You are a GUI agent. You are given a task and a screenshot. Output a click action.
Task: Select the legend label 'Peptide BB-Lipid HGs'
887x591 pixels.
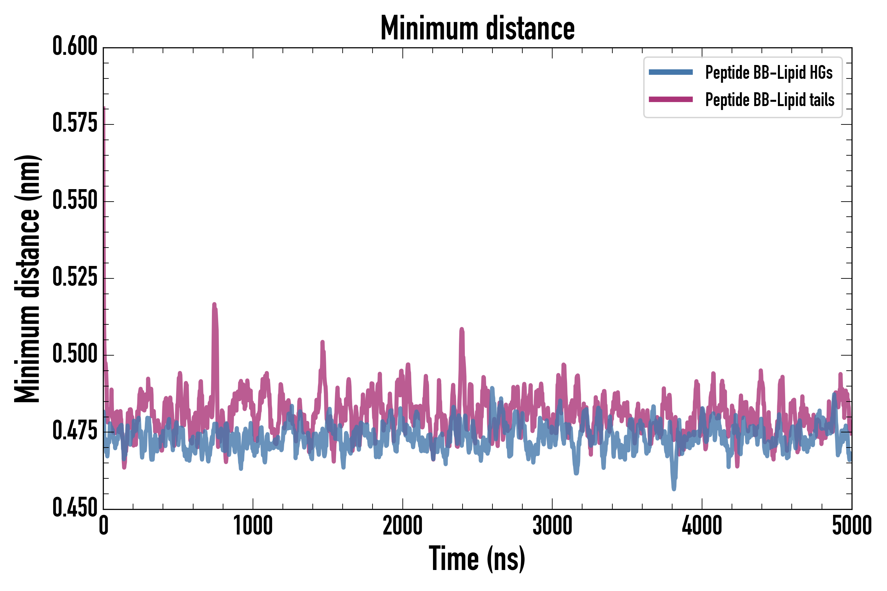click(769, 72)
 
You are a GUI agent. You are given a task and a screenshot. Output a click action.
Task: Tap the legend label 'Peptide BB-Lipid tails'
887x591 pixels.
click(770, 100)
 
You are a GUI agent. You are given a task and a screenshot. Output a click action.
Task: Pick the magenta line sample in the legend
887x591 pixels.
click(671, 99)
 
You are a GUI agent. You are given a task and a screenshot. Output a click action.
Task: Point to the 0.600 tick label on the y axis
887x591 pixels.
click(75, 46)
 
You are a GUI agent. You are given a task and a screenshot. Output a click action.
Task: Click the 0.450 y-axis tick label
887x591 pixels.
click(75, 508)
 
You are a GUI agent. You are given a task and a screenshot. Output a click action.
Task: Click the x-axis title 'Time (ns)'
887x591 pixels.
click(477, 559)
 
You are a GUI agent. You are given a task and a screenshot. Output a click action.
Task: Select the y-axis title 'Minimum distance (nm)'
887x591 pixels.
click(27, 278)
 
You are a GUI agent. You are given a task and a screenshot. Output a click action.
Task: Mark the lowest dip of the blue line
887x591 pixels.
click(673, 489)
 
